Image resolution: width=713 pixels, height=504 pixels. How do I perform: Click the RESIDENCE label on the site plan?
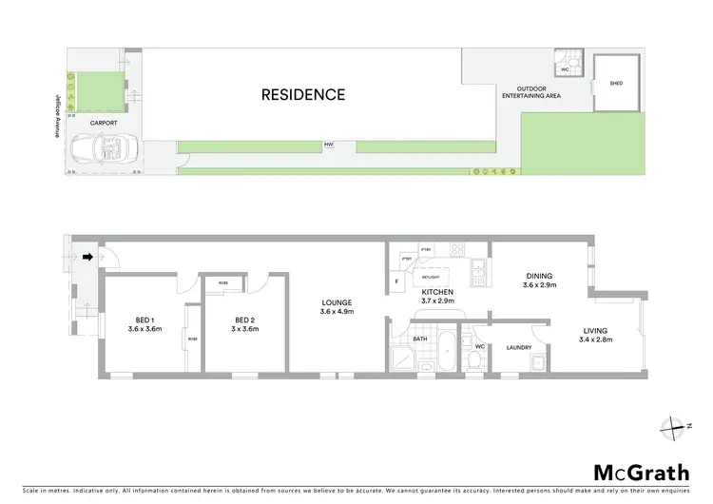point(303,94)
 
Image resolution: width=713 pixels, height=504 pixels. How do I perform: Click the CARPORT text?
point(105,123)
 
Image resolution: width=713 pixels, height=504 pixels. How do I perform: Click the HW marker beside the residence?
point(329,145)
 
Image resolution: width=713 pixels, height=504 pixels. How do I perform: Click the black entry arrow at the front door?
point(87,255)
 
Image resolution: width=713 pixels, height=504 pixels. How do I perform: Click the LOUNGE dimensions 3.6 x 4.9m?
point(337,312)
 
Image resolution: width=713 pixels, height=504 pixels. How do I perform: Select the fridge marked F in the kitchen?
point(397,281)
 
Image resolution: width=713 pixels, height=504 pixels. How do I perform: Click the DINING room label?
point(540,277)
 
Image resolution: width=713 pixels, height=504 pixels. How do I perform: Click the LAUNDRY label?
point(518,347)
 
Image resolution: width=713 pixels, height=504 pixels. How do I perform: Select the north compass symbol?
point(678,426)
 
